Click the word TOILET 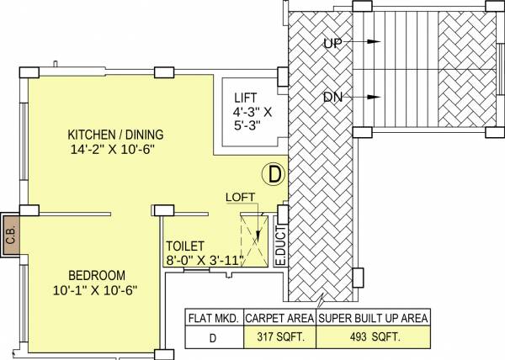pyautogui.click(x=185, y=246)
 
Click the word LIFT pyautogui.click(x=247, y=98)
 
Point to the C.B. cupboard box pyautogui.click(x=11, y=235)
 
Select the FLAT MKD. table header pyautogui.click(x=213, y=318)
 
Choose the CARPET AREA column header pyautogui.click(x=279, y=318)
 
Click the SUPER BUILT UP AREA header pyautogui.click(x=374, y=318)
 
